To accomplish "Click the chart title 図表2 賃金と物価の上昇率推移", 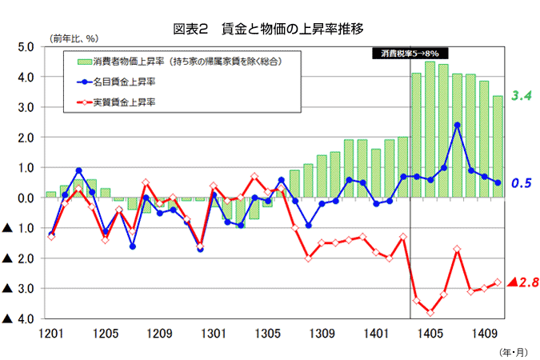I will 269,29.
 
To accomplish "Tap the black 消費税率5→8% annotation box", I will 410,54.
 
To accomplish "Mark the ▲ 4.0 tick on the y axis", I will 18,319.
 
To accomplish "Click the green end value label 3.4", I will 522,96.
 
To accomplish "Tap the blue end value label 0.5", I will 522,183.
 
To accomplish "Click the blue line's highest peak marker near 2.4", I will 457,125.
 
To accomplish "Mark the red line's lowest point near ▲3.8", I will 430,313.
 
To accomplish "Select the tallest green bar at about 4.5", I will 430,128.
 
